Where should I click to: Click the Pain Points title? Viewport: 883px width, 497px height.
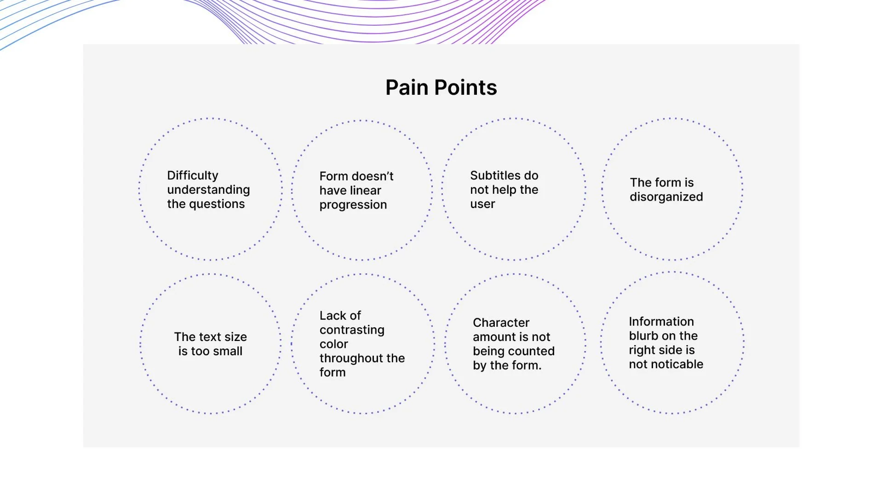pyautogui.click(x=441, y=87)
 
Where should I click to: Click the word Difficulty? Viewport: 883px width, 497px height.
pyautogui.click(x=192, y=175)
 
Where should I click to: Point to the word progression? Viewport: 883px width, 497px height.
pyautogui.click(x=353, y=205)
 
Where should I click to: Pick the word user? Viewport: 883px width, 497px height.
pyautogui.click(x=482, y=204)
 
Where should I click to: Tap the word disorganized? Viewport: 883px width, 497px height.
pyautogui.click(x=666, y=197)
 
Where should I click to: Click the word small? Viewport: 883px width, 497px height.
pyautogui.click(x=224, y=351)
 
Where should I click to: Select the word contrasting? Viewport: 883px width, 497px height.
pyautogui.click(x=352, y=330)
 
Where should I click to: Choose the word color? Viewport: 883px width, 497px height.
pyautogui.click(x=333, y=344)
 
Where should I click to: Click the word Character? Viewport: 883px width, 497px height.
pyautogui.click(x=501, y=323)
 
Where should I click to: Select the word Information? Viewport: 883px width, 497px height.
pyautogui.click(x=661, y=322)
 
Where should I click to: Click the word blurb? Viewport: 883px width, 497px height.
pyautogui.click(x=644, y=336)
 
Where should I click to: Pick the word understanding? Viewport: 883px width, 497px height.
pyautogui.click(x=208, y=190)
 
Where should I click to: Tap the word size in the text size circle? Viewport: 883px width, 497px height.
pyautogui.click(x=235, y=337)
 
